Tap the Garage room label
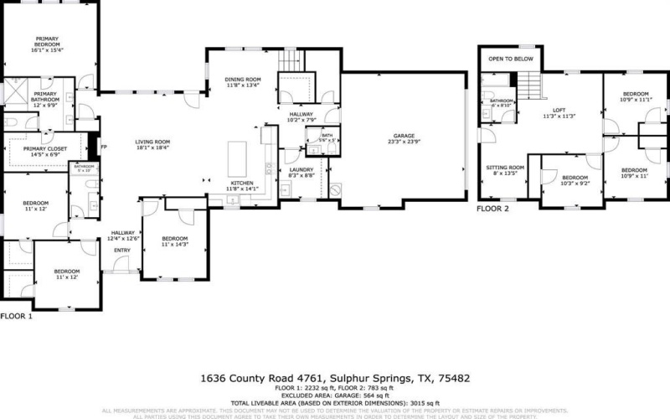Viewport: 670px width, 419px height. pyautogui.click(x=405, y=138)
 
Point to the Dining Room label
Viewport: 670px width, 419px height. pyautogui.click(x=243, y=81)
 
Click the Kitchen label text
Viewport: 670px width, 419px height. pyautogui.click(x=242, y=184)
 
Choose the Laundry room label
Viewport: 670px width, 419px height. pyautogui.click(x=301, y=173)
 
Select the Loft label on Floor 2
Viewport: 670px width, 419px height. pyautogui.click(x=559, y=113)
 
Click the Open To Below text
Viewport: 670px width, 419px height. pyautogui.click(x=511, y=59)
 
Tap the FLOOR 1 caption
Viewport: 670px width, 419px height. pyautogui.click(x=16, y=316)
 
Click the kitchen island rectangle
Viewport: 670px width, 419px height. pyautogui.click(x=239, y=156)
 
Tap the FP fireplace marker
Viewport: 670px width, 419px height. pyautogui.click(x=104, y=147)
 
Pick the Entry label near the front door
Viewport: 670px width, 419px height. pyautogui.click(x=122, y=250)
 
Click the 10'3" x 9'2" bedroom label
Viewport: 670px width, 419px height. pyautogui.click(x=574, y=180)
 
